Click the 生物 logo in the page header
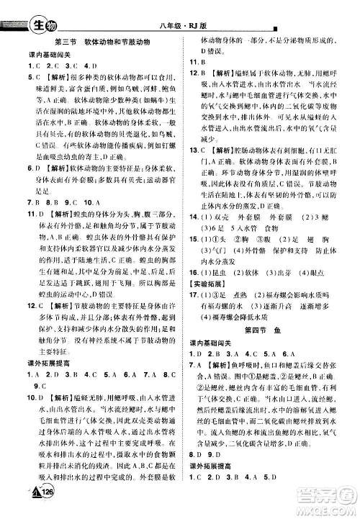pos(40,10)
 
